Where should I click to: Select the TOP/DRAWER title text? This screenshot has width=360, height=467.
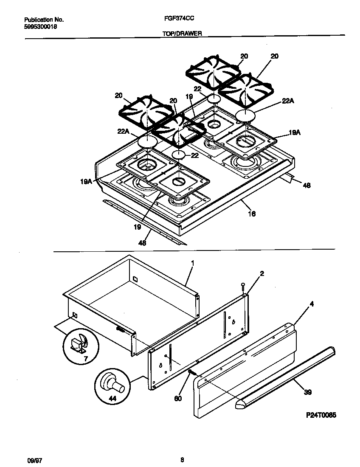(182, 33)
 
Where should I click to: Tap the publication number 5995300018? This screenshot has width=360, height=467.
(40, 26)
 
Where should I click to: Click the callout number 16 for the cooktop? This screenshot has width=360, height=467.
(252, 214)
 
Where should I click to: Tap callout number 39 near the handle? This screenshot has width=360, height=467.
(308, 392)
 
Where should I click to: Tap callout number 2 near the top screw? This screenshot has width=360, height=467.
(262, 274)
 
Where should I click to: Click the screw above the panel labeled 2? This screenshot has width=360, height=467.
(242, 287)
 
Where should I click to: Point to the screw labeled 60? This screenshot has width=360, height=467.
(191, 372)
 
